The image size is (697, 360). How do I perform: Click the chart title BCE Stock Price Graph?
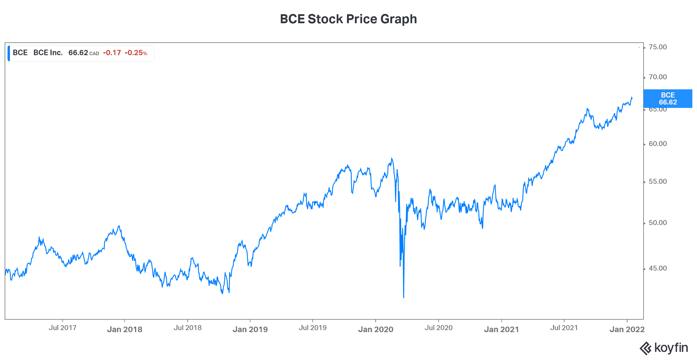pyautogui.click(x=348, y=19)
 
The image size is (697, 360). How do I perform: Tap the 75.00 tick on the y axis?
pyautogui.click(x=658, y=47)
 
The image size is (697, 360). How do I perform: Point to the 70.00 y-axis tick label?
pyautogui.click(x=658, y=77)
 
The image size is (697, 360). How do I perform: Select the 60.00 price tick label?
pyautogui.click(x=658, y=144)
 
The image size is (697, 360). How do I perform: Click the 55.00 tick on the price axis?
pyautogui.click(x=658, y=181)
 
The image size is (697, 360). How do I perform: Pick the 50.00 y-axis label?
pyautogui.click(x=658, y=223)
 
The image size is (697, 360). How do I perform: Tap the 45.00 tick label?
pyautogui.click(x=658, y=268)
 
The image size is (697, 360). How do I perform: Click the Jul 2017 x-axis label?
pyautogui.click(x=62, y=328)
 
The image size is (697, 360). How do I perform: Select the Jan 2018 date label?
pyautogui.click(x=125, y=329)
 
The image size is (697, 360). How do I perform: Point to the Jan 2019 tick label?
pyautogui.click(x=250, y=329)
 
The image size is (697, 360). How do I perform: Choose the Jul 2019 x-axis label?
pyautogui.click(x=312, y=328)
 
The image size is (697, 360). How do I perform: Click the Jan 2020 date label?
pyautogui.click(x=376, y=329)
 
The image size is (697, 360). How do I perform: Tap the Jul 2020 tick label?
pyautogui.click(x=439, y=328)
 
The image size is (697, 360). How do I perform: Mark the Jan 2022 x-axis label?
pyautogui.click(x=627, y=329)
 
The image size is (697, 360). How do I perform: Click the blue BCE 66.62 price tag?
pyautogui.click(x=668, y=99)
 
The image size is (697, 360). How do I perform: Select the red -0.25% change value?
pyautogui.click(x=136, y=53)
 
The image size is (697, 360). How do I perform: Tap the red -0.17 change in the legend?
pyautogui.click(x=112, y=53)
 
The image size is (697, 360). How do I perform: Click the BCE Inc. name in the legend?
pyautogui.click(x=48, y=53)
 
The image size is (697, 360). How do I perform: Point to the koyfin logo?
pyautogui.click(x=664, y=348)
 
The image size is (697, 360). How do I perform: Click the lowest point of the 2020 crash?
pyautogui.click(x=404, y=297)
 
